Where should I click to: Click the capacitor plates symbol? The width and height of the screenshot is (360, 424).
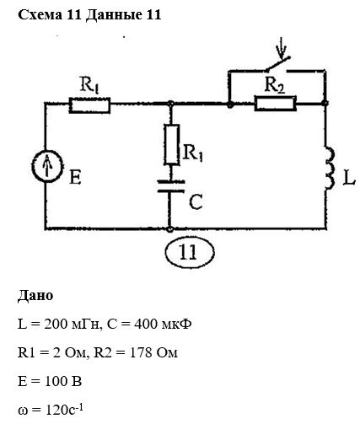171,186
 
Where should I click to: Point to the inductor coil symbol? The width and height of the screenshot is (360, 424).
330,169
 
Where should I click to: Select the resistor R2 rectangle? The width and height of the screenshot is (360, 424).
276,104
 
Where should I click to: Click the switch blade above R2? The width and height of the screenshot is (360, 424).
277,63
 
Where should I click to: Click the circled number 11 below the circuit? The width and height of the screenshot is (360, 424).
190,252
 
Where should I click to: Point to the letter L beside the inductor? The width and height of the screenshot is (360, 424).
349,178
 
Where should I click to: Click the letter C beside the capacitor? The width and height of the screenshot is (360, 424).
196,201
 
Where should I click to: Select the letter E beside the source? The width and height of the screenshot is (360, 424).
75,178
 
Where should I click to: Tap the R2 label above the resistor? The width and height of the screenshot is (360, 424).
275,84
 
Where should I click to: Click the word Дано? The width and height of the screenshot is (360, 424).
35,296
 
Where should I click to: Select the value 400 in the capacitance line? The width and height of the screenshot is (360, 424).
146,325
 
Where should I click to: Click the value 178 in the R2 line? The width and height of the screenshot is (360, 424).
141,352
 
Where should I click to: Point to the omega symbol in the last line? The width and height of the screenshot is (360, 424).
23,411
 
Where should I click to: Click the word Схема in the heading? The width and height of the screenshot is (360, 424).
40,15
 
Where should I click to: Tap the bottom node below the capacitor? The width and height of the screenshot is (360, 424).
169,229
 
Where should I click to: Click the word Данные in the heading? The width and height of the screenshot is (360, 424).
114,15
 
